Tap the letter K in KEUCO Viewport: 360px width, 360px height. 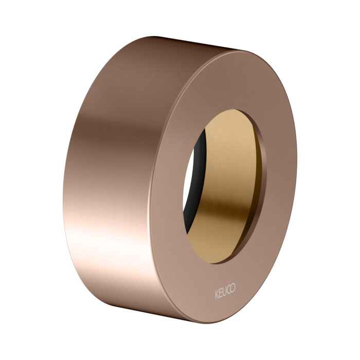pos(217,293)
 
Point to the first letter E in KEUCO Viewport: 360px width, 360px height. pos(220,294)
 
